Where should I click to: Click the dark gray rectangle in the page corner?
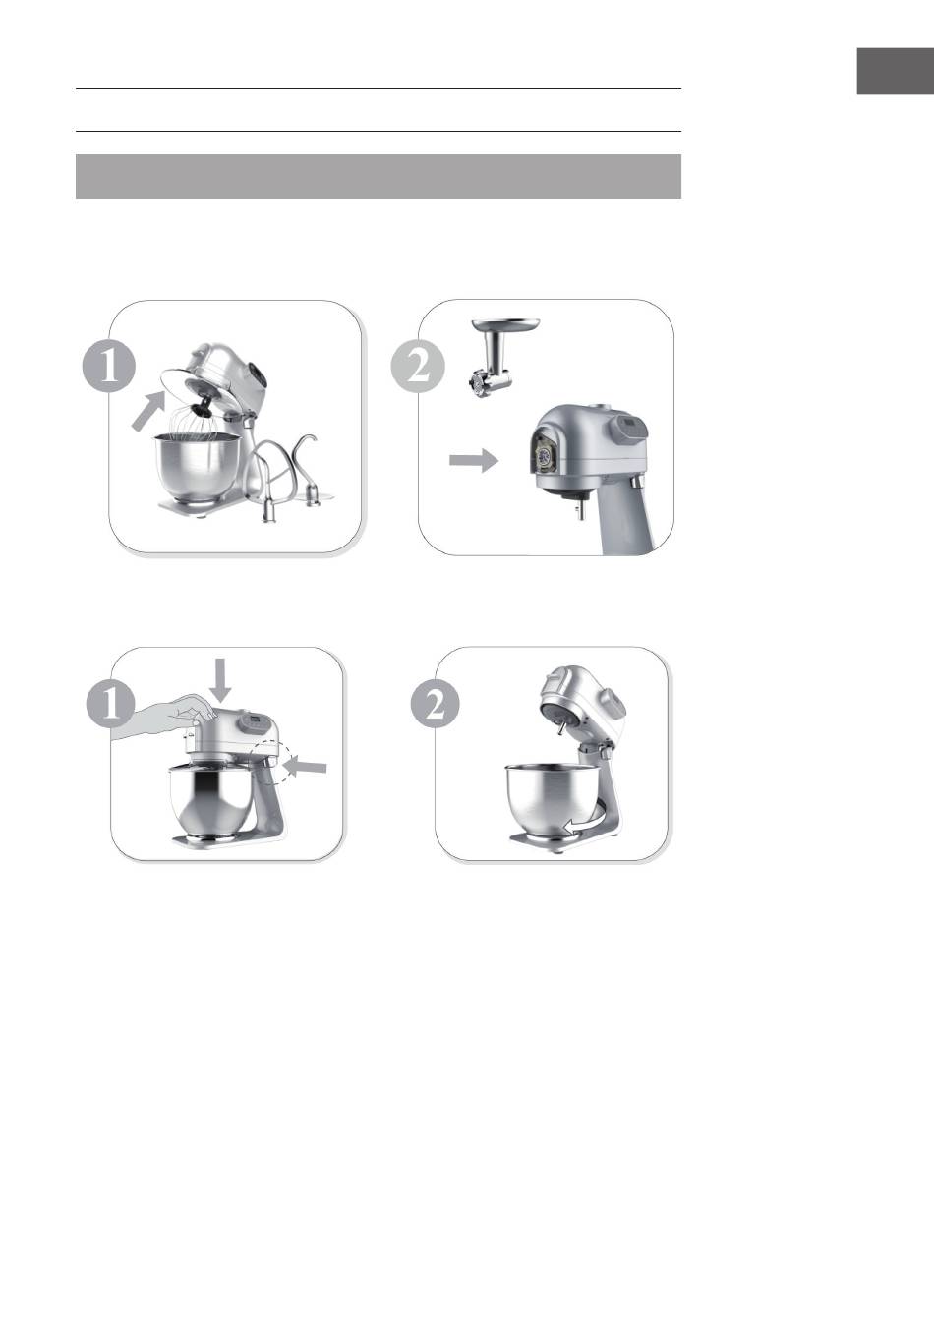point(895,72)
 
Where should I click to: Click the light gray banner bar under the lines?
point(379,176)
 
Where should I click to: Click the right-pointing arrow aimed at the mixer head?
point(473,460)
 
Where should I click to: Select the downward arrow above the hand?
point(221,681)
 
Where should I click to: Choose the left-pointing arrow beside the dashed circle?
point(305,768)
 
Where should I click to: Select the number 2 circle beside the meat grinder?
point(418,367)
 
